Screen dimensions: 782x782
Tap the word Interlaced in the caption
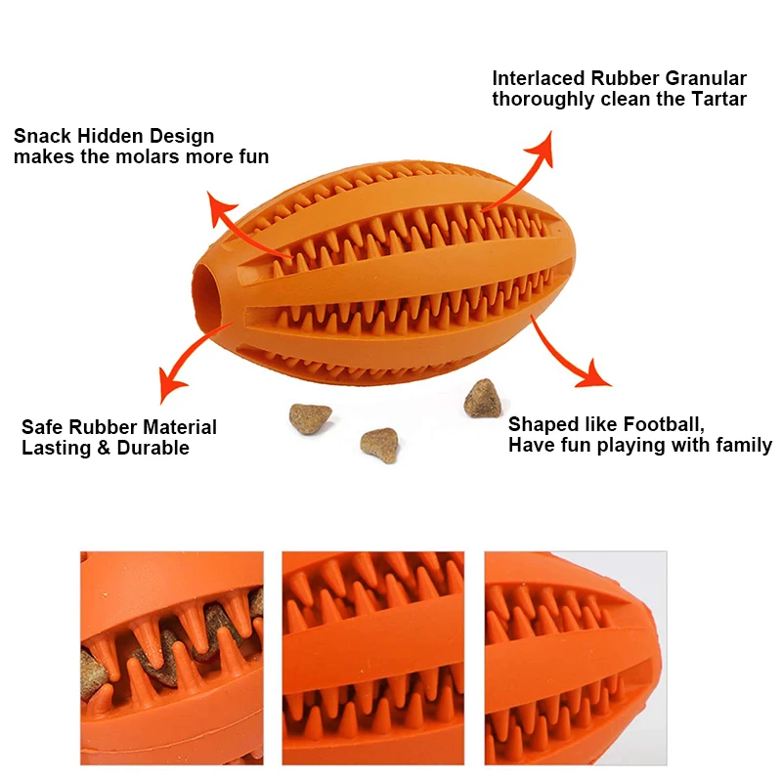point(541,78)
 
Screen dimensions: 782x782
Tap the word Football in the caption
point(660,424)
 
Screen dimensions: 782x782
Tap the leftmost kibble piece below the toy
point(309,417)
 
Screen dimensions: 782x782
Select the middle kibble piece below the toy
point(379,444)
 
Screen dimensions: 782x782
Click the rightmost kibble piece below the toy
point(482,397)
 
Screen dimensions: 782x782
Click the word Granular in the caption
point(707,78)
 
